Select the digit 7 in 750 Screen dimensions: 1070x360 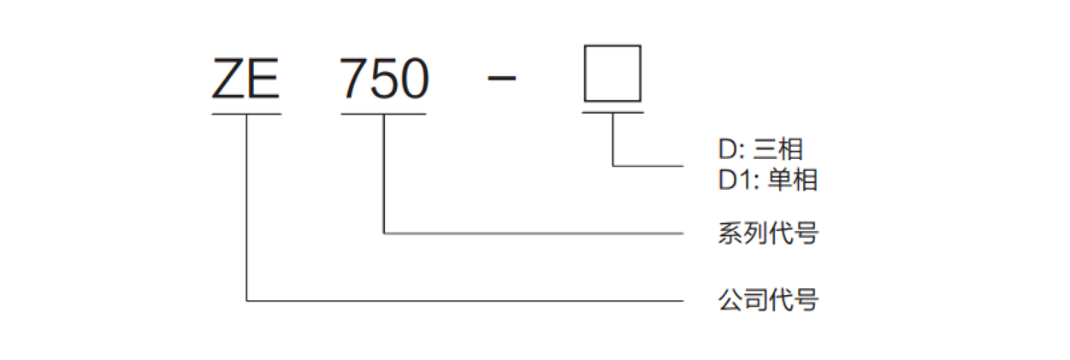tap(353, 79)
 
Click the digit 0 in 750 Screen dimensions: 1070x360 tap(414, 79)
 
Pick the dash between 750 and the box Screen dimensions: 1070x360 tap(501, 79)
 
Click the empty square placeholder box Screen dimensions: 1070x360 tap(613, 46)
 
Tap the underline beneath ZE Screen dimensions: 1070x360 tap(246, 114)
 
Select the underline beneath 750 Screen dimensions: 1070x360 tap(383, 114)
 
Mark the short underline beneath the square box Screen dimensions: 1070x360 tap(613, 113)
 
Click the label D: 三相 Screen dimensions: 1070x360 tap(760, 149)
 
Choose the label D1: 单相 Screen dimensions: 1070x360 tap(767, 180)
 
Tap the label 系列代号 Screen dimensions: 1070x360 tap(768, 233)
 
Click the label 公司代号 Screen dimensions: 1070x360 tap(768, 300)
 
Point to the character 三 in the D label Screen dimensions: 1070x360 tap(766, 150)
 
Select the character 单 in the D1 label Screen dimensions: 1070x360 tap(779, 180)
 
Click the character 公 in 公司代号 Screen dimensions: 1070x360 tap(730, 300)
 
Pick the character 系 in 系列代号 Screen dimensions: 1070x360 tap(730, 233)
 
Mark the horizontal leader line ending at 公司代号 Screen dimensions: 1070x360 tap(465, 301)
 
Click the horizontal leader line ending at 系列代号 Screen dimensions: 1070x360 tap(534, 233)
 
